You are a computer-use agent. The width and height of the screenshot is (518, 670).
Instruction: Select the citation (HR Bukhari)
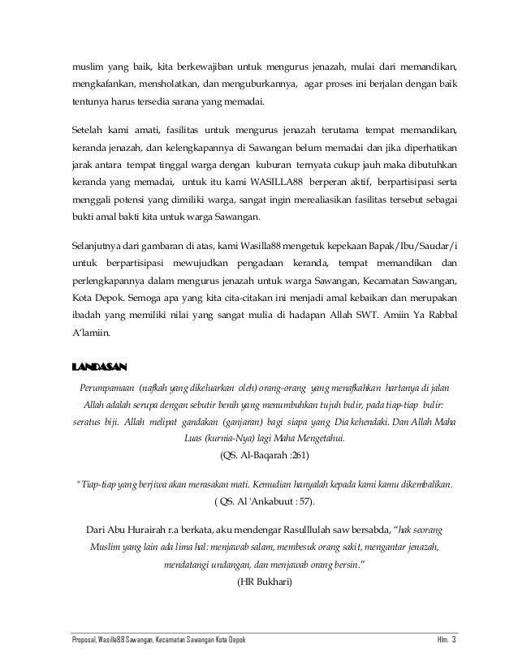(x=260, y=582)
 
